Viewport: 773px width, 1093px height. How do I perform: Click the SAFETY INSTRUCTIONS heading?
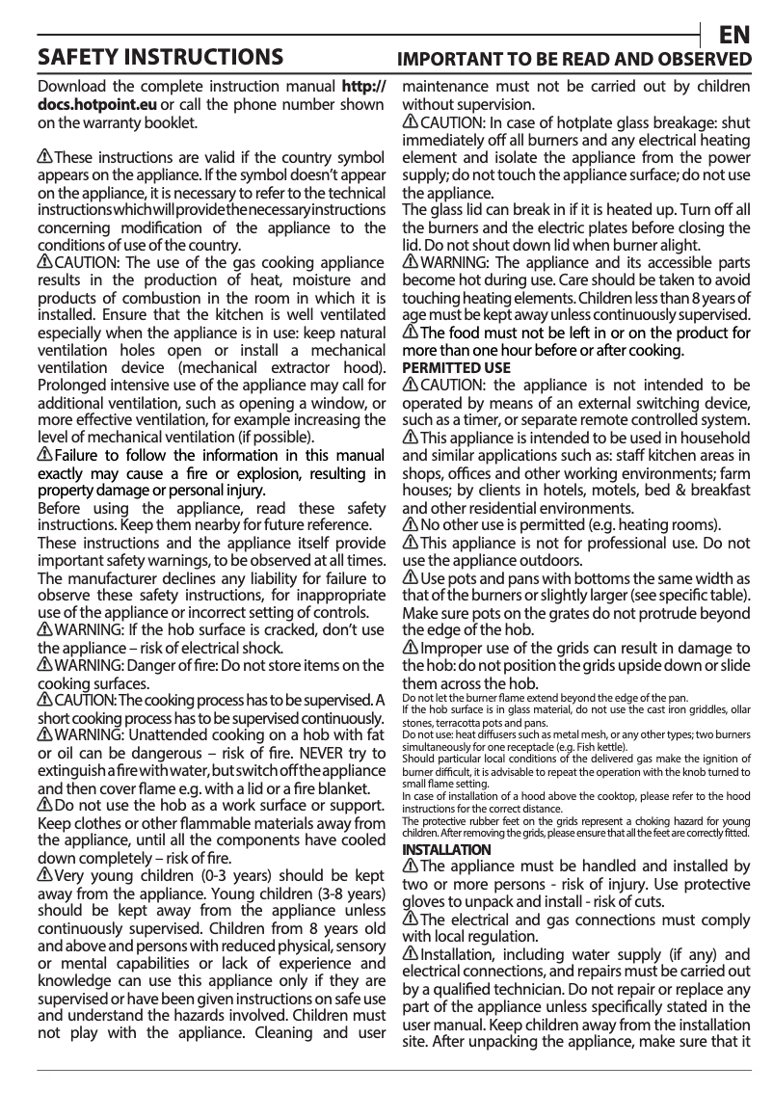click(159, 57)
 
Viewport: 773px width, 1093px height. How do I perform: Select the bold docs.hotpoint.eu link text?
click(97, 104)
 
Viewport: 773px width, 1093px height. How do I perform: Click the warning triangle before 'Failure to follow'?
click(44, 454)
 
